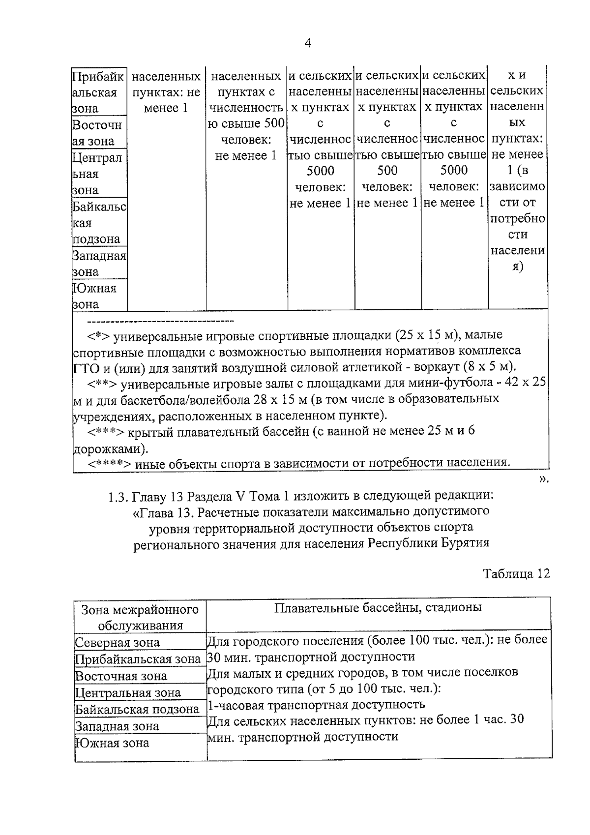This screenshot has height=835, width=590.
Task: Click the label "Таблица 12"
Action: point(516,574)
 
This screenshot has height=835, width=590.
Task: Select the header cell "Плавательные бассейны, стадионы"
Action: point(378,607)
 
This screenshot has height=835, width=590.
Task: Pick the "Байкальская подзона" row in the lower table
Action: point(137,709)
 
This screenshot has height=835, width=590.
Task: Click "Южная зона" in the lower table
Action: point(112,743)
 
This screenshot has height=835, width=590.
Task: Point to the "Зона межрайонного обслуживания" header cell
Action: point(140,617)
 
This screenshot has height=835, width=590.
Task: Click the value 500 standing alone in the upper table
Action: point(387,171)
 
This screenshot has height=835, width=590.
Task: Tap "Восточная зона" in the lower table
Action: point(120,676)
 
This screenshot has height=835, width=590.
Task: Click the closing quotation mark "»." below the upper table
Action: point(543,480)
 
